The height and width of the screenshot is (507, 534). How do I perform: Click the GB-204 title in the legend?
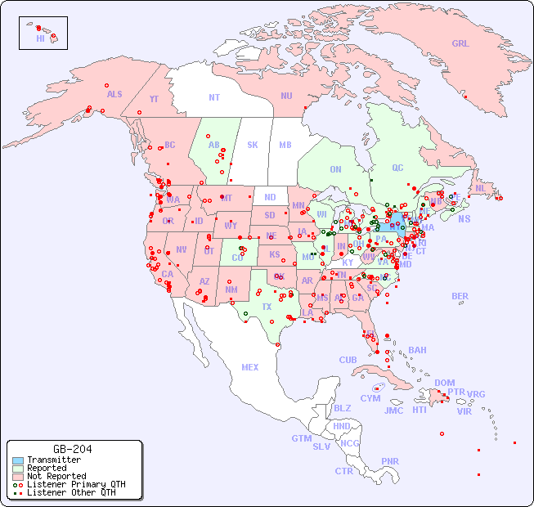(72, 449)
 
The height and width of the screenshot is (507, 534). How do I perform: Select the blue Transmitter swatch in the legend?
(17, 460)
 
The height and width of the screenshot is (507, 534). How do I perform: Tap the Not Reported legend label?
(56, 476)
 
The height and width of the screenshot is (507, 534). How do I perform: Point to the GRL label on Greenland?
(460, 43)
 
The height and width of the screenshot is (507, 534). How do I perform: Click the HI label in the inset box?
(40, 38)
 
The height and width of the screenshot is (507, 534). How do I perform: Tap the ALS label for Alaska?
(114, 94)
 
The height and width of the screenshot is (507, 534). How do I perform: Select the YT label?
(154, 99)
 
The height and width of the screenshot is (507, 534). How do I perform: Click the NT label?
(213, 97)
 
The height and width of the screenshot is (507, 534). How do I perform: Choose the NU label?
(286, 96)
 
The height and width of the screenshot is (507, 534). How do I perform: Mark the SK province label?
(253, 145)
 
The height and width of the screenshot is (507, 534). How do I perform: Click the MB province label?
(285, 145)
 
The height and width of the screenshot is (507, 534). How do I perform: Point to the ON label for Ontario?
(335, 169)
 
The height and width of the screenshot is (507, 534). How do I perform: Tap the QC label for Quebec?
(397, 168)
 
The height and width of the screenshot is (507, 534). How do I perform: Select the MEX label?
(249, 367)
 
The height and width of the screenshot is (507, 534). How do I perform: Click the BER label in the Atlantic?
(460, 296)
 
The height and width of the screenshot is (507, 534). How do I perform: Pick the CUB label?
(348, 360)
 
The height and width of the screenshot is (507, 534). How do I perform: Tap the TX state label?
(267, 307)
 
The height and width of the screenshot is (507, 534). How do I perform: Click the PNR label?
(390, 461)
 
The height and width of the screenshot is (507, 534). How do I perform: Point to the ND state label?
(270, 197)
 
